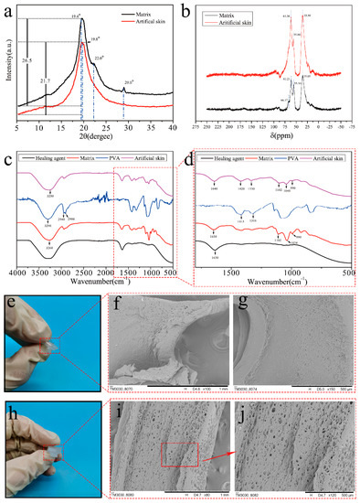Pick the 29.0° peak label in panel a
[130, 107]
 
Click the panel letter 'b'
[187, 8]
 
